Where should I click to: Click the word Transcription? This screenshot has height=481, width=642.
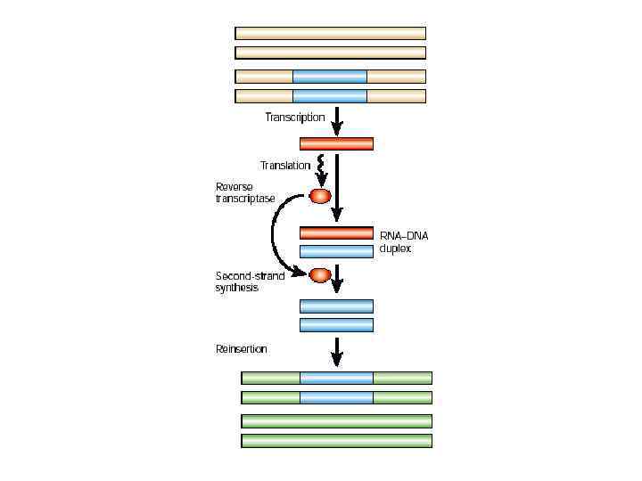294,118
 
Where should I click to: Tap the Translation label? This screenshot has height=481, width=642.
284,166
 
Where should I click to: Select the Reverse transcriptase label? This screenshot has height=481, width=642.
245,192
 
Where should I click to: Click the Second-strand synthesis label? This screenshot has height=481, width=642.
250,281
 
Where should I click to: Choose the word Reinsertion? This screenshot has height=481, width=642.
241,349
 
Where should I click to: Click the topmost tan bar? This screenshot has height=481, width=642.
330,33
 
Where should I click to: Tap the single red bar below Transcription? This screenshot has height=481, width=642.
336,144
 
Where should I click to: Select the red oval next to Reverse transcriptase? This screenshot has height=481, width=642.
320,196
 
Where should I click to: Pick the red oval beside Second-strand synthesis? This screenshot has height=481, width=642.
320,274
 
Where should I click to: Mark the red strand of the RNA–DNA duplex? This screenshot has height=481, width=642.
336,232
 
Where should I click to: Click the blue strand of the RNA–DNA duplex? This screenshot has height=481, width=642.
336,251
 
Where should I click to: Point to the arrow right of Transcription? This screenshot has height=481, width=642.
337,120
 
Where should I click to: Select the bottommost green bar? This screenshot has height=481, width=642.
336,440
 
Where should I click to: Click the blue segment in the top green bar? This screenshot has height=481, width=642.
336,378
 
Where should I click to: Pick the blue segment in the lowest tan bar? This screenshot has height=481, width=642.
330,96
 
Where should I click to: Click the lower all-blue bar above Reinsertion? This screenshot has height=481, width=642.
336,325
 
